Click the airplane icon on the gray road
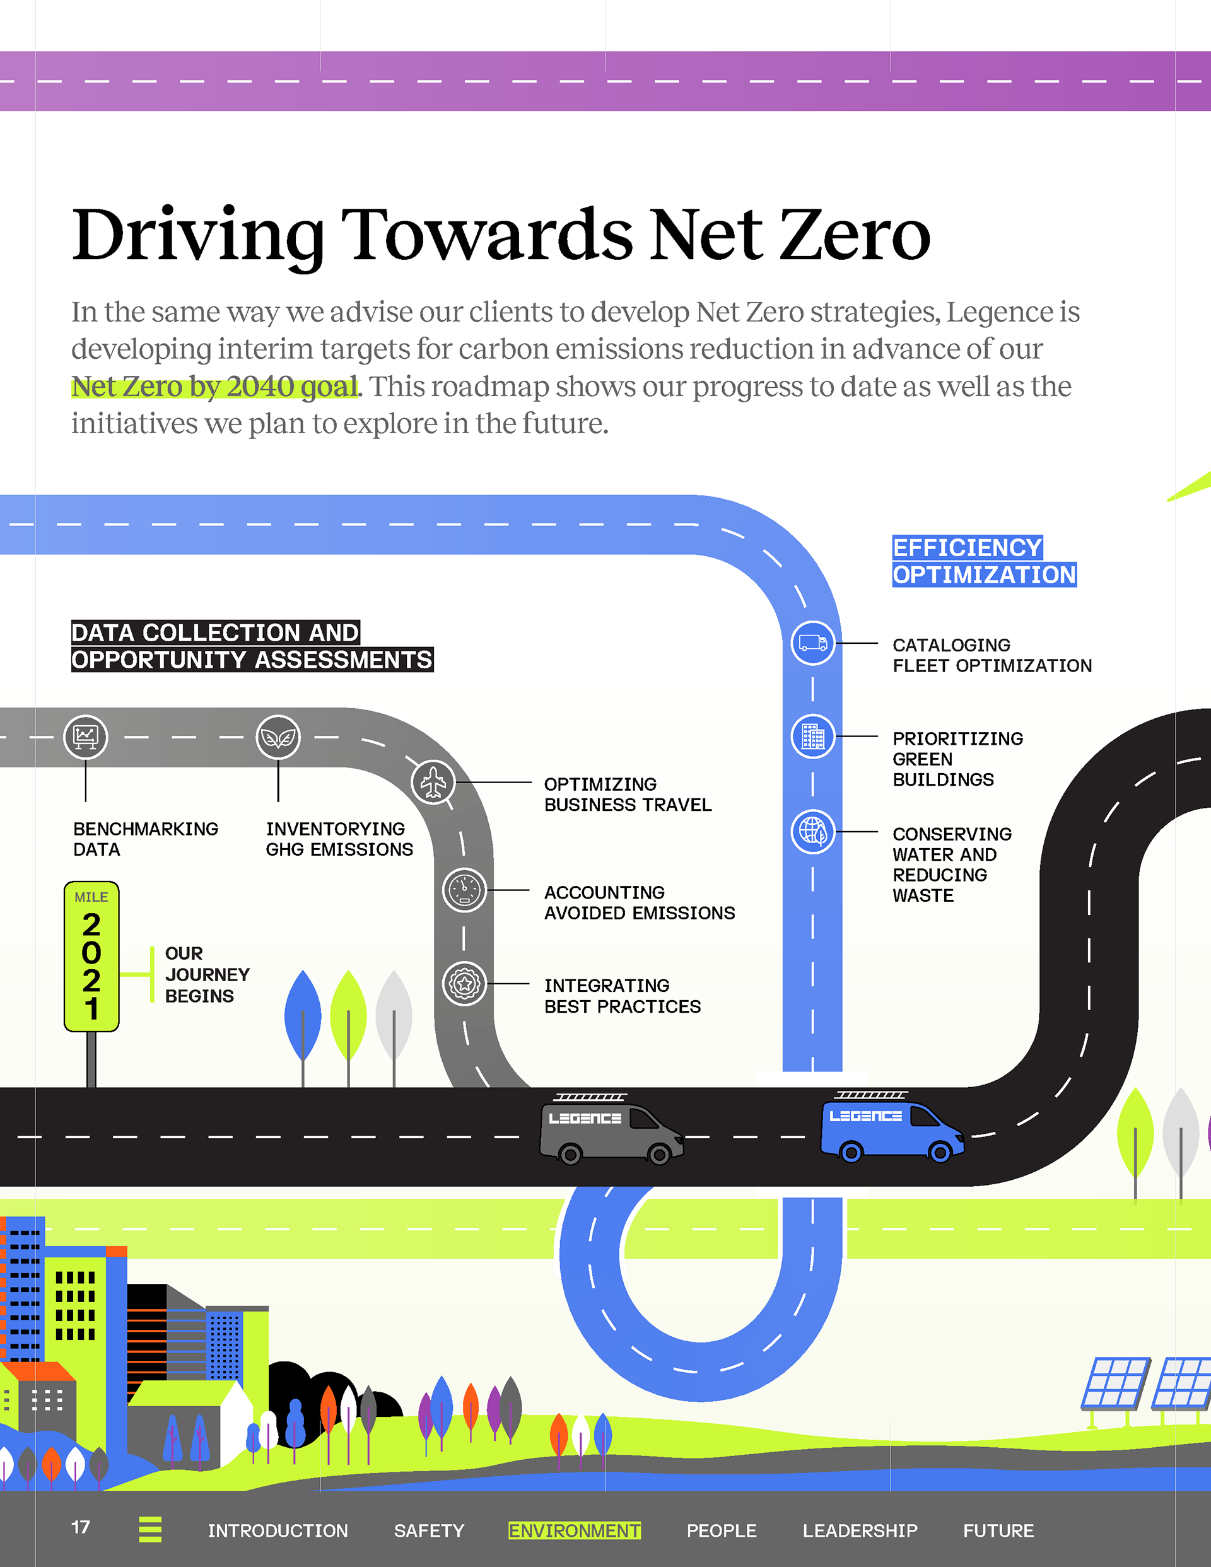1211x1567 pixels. point(433,782)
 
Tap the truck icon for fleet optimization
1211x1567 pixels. point(812,643)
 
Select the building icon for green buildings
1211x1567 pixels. point(812,736)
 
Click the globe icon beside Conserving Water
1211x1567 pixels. point(812,832)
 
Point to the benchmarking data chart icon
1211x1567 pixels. point(85,737)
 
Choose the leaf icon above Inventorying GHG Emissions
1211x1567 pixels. point(278,737)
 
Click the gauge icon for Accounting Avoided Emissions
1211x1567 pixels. point(464,890)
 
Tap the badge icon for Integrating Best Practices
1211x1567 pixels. point(464,984)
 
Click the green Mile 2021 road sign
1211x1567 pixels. point(91,957)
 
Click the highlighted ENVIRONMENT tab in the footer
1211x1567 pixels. point(574,1530)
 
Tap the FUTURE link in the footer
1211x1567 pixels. point(998,1530)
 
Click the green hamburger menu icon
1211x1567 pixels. point(150,1529)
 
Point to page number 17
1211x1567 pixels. point(80,1527)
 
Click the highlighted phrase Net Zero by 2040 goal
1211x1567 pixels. point(214,387)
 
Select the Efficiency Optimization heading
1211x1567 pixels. point(983,561)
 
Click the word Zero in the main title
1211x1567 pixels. point(854,235)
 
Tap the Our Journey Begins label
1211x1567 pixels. point(206,974)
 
